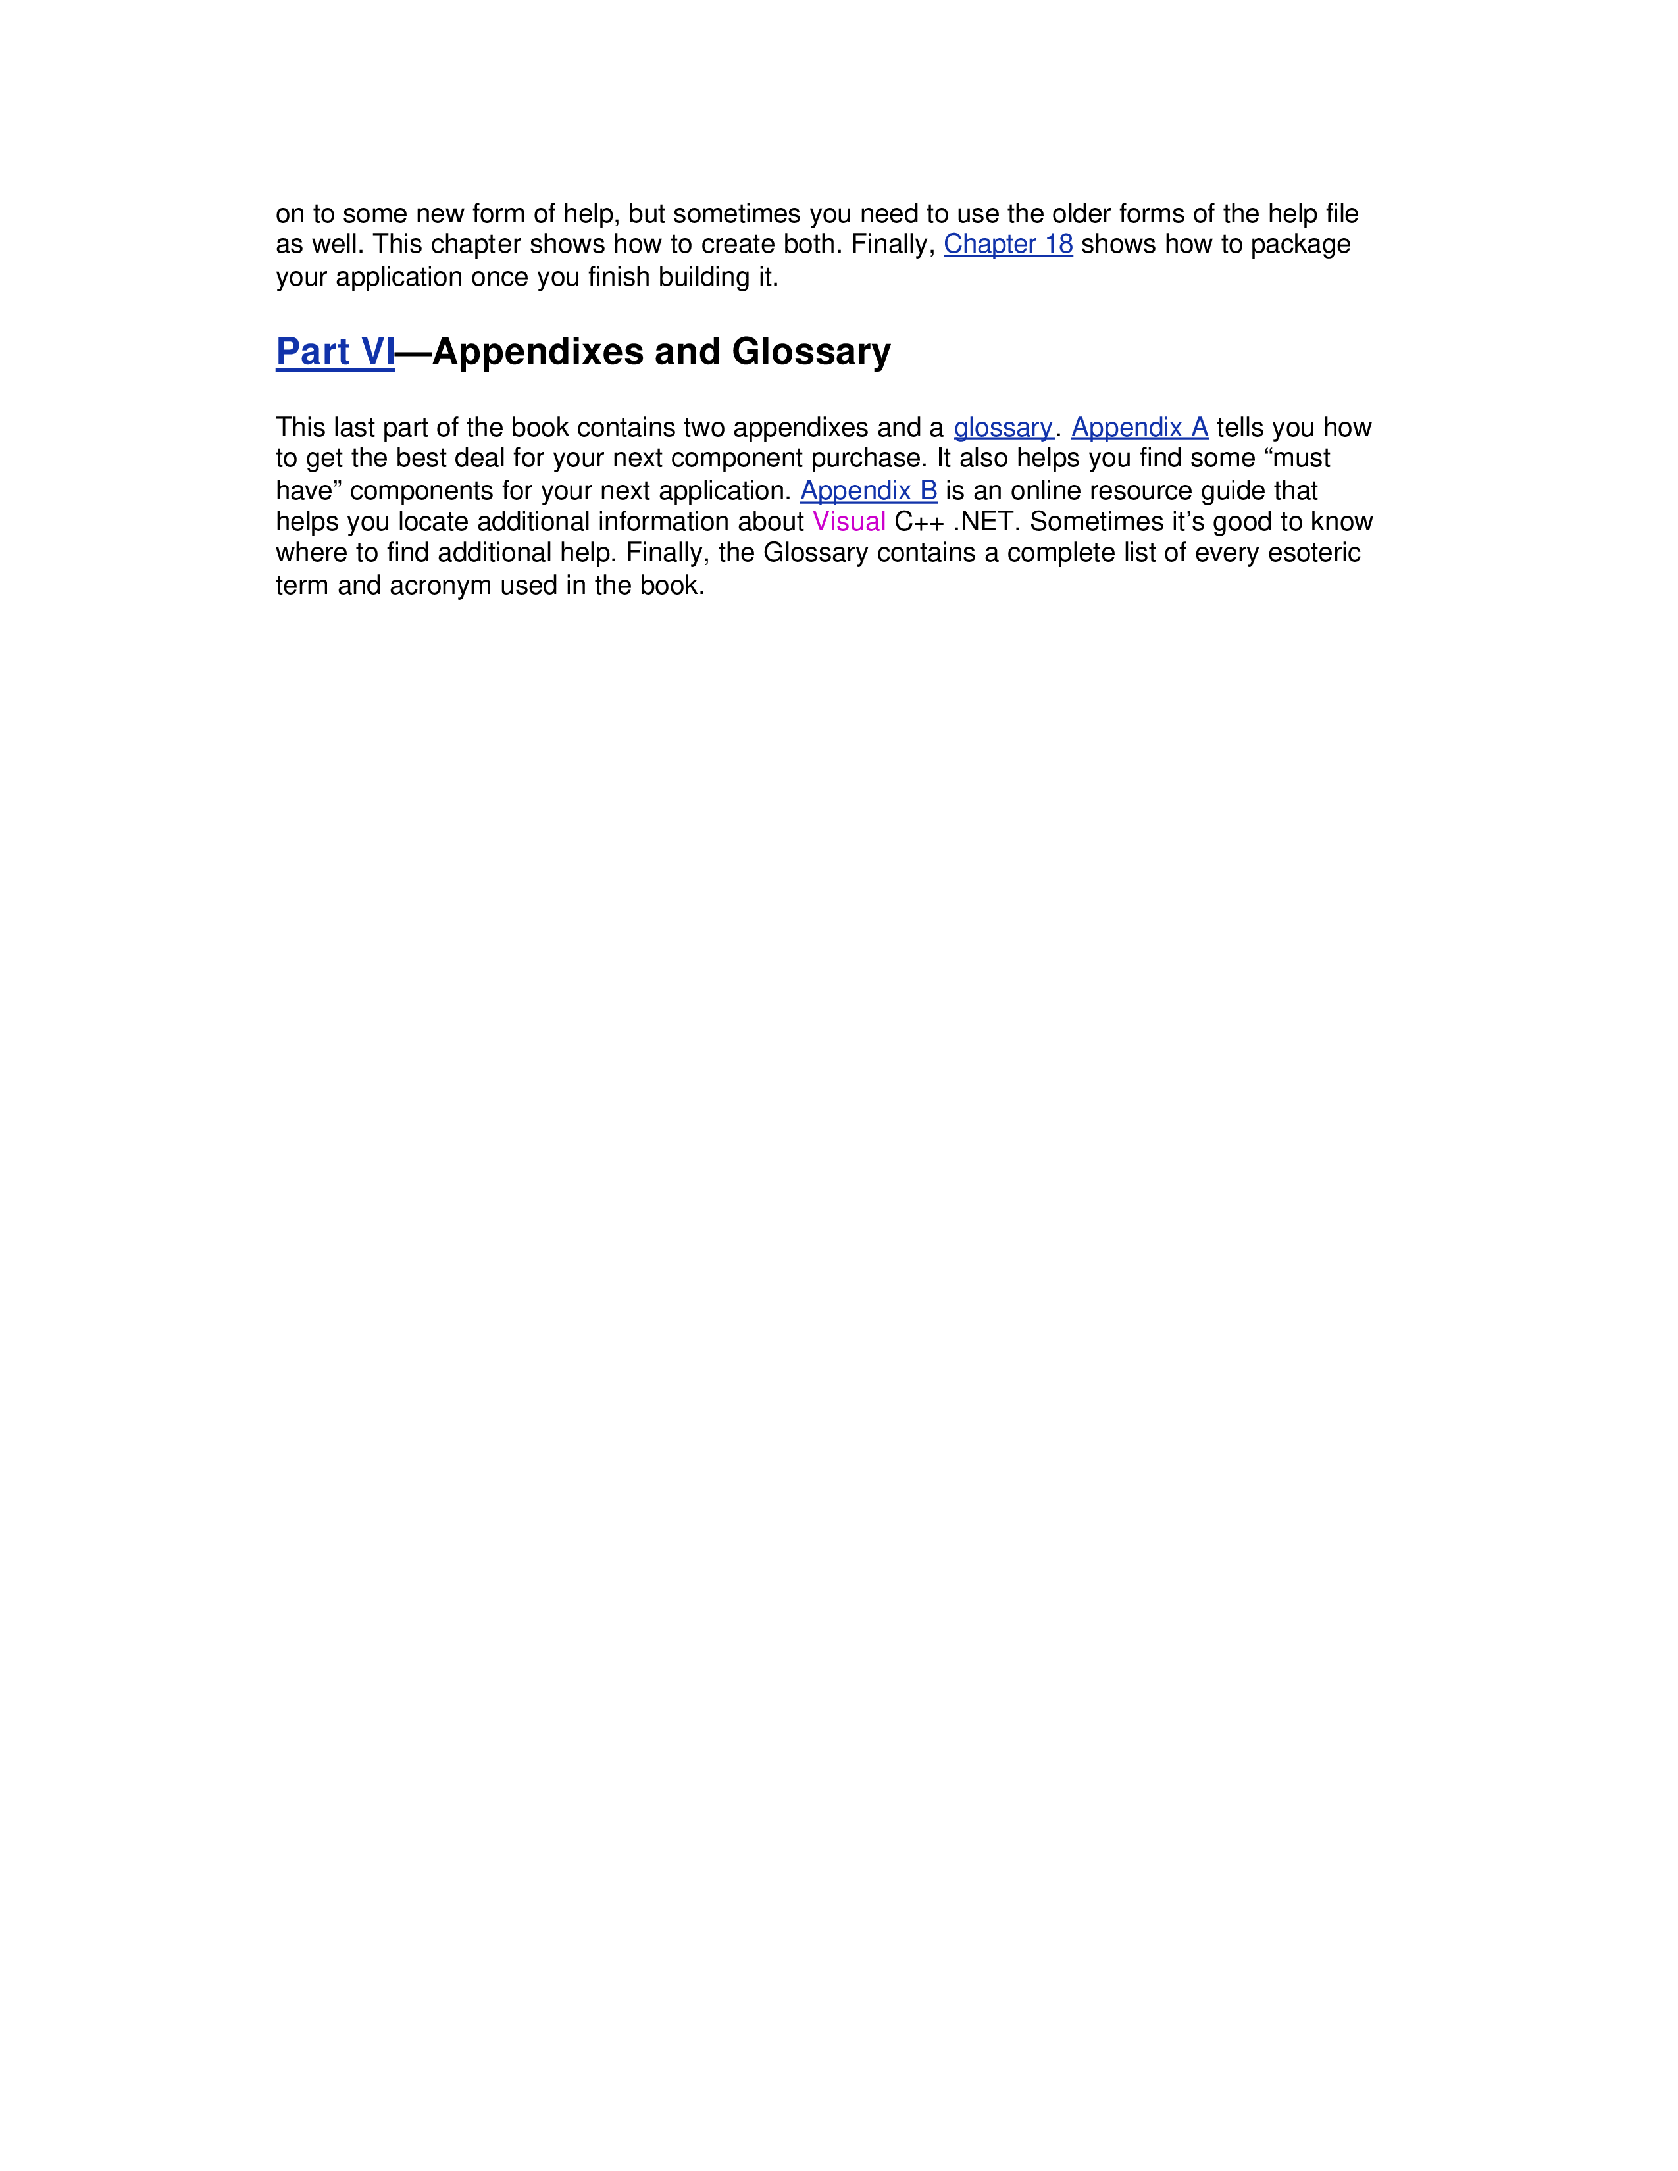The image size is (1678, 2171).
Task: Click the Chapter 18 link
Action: [1008, 245]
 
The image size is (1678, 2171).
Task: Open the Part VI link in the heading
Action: [335, 352]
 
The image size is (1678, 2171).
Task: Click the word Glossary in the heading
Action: [811, 352]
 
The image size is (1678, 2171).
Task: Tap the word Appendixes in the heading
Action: [538, 352]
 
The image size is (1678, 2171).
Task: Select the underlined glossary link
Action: [1003, 428]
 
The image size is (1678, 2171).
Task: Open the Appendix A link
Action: [1139, 428]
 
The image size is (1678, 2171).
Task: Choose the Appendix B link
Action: [869, 491]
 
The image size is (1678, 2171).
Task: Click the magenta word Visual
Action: [849, 522]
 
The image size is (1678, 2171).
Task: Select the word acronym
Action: [440, 586]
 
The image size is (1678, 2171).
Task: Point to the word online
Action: [1046, 491]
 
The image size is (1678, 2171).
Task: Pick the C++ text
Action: [919, 522]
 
